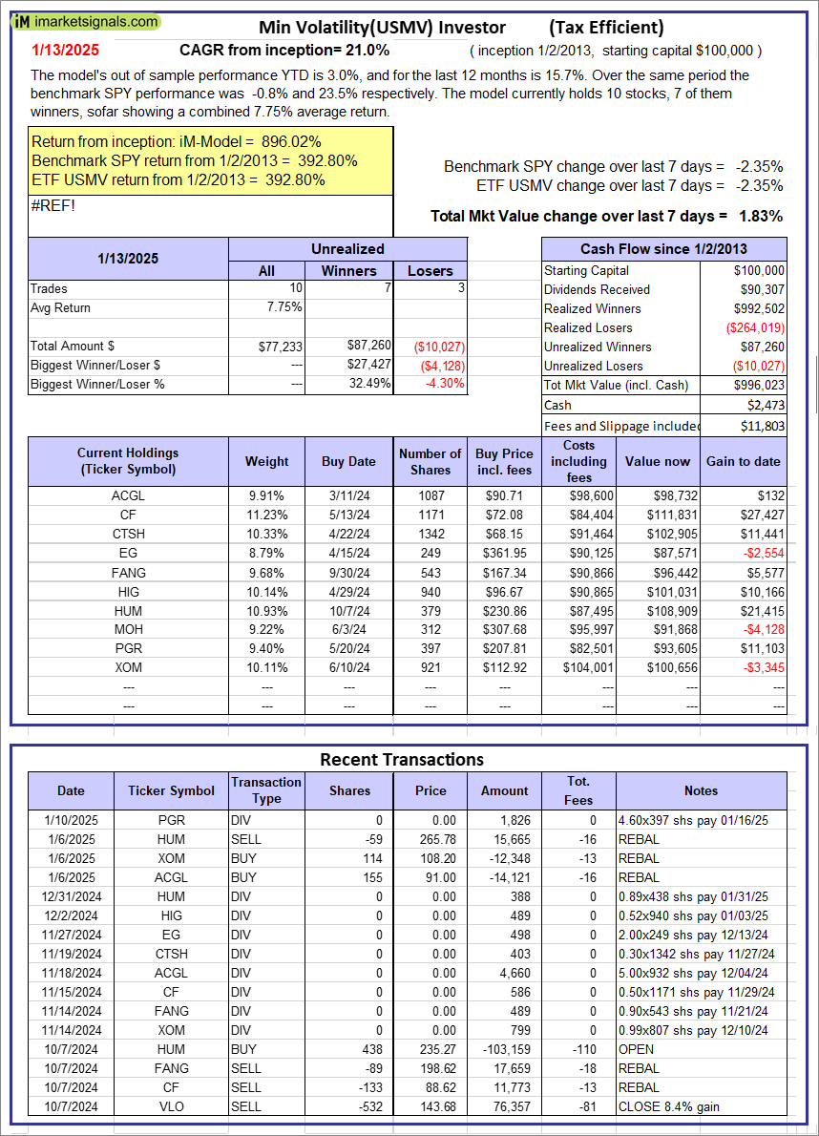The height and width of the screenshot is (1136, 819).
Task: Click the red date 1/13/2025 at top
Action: pyautogui.click(x=64, y=51)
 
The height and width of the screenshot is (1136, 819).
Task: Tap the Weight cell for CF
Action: pyautogui.click(x=266, y=515)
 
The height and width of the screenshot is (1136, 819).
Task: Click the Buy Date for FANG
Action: pyautogui.click(x=348, y=573)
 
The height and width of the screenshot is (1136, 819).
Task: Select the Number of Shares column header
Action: pyautogui.click(x=430, y=461)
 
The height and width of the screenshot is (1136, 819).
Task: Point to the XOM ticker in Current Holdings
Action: pyautogui.click(x=128, y=668)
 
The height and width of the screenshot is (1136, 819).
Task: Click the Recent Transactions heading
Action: pyautogui.click(x=401, y=760)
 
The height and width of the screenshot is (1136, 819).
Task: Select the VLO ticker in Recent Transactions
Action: pyautogui.click(x=172, y=1106)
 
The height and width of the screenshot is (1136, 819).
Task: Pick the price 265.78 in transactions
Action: pyautogui.click(x=430, y=839)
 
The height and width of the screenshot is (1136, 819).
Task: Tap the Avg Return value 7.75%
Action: pyautogui.click(x=283, y=307)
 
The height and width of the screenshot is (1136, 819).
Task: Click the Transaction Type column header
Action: pyautogui.click(x=266, y=789)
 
